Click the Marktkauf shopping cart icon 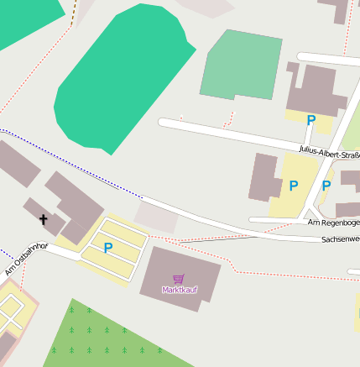pos(178,278)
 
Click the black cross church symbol pos(43,220)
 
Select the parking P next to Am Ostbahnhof pos(107,248)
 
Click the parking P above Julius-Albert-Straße pos(310,121)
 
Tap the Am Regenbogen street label pos(333,223)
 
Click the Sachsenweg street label pos(340,239)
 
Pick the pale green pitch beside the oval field pos(242,66)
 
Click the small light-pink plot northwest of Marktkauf pos(157,217)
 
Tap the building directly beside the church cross pos(76,206)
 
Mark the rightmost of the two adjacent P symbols pos(326,186)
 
